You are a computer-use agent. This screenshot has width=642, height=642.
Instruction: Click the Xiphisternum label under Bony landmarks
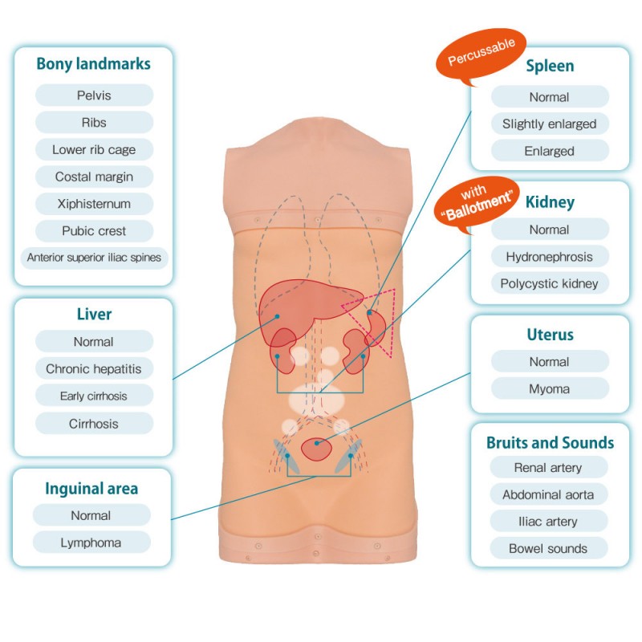click(94, 204)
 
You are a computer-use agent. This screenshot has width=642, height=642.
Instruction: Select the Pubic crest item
click(94, 231)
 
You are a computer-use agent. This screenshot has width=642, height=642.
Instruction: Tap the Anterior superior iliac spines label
click(94, 258)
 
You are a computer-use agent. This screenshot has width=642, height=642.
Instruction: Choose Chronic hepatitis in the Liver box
click(94, 369)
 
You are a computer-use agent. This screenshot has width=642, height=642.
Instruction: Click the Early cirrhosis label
click(94, 396)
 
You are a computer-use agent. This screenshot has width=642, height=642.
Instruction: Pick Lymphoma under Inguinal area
click(91, 543)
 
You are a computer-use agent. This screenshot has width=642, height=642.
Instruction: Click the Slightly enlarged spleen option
click(550, 124)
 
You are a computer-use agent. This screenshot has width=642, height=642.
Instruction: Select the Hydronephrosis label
click(550, 257)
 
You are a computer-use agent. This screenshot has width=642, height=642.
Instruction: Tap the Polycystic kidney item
click(550, 283)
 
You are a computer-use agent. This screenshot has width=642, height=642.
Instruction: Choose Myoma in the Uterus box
click(550, 388)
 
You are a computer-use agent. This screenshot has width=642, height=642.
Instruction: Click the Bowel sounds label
click(548, 549)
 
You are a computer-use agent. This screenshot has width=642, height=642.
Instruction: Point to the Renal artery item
click(548, 468)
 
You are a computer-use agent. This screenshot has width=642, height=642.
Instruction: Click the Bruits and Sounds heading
click(551, 443)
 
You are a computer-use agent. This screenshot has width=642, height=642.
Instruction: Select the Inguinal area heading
click(91, 489)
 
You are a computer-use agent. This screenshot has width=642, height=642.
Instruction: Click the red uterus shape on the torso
click(316, 449)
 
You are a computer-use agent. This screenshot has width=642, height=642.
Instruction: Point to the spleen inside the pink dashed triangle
click(375, 327)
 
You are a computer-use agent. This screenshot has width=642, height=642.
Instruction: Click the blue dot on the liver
click(277, 316)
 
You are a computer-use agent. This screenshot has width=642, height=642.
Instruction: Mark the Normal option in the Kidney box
click(550, 230)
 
